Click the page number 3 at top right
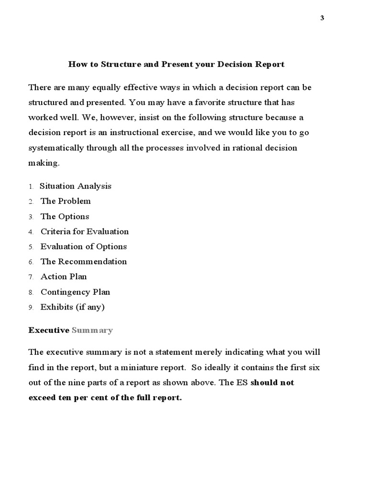322,18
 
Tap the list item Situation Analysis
76,186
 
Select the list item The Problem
65,201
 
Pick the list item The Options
65,216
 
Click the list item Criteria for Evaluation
85,232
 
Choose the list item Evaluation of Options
84,246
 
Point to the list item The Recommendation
84,262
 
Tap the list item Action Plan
64,276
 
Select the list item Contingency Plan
75,292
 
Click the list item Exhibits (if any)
72,307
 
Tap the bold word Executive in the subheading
49,330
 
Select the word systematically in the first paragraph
56,148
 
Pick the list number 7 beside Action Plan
30,277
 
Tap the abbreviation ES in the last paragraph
242,383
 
